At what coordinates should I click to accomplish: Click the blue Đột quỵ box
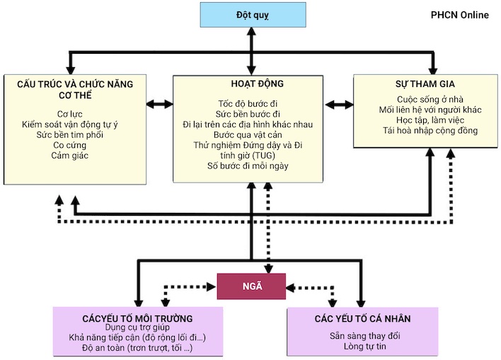253,14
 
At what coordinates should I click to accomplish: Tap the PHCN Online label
459,15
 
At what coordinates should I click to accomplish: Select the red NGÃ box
251,286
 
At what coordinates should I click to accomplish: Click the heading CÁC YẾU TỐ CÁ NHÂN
362,318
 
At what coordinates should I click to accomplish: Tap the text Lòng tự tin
362,348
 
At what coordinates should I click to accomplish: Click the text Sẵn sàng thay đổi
362,337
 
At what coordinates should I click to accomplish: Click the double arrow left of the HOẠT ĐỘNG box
159,105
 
